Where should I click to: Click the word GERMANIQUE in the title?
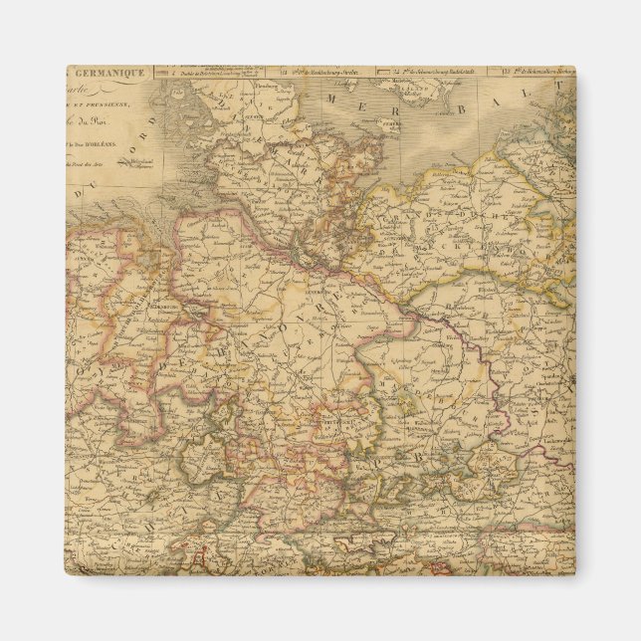click(109, 73)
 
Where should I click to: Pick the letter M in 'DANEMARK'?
click(284, 163)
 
